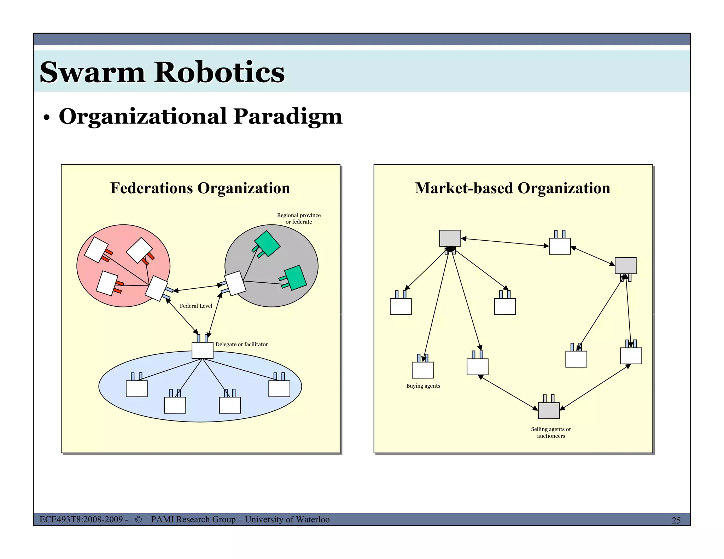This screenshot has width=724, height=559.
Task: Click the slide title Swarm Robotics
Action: tap(162, 72)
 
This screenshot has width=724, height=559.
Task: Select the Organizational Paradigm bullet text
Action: tap(200, 116)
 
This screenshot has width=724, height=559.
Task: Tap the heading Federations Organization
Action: tap(200, 188)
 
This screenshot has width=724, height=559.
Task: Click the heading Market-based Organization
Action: tap(512, 188)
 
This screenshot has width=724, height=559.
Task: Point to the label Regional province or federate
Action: tap(299, 218)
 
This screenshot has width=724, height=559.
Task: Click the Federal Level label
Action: tap(196, 306)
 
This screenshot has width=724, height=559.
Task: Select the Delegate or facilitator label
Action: tap(241, 345)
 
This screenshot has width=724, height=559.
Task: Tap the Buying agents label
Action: tap(423, 386)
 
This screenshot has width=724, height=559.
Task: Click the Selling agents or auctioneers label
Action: tap(551, 433)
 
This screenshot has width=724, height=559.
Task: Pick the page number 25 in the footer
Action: tap(676, 520)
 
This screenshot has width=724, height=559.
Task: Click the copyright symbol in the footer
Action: tap(138, 519)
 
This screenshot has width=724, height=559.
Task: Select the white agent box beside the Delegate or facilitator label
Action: tap(203, 350)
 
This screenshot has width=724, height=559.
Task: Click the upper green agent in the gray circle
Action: tap(267, 243)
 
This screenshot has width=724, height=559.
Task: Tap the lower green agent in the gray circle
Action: tap(295, 278)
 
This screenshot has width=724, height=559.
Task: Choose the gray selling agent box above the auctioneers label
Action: tap(549, 411)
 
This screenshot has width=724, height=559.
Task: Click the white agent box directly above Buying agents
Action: tap(423, 370)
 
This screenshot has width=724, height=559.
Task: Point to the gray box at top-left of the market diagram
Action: tap(450, 238)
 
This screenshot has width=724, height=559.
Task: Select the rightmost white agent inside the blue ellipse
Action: tap(279, 389)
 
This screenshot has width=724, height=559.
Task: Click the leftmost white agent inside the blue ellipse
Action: tap(137, 389)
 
